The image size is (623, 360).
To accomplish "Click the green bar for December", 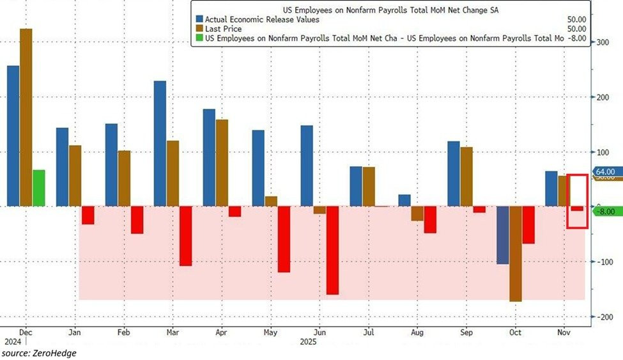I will (x=39, y=188).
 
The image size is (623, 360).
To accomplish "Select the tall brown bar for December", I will (x=26, y=118).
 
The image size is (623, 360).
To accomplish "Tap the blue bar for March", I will (x=160, y=144).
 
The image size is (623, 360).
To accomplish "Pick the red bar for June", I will (x=332, y=250).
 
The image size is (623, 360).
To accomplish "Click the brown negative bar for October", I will (x=515, y=254).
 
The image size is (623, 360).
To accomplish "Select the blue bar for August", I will (x=404, y=200).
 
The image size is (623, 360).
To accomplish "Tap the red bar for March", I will (x=185, y=236).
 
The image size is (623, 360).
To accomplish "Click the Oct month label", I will (x=516, y=333).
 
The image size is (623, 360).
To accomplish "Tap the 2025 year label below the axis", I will (x=309, y=342).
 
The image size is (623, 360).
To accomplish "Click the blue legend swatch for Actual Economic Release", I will (x=200, y=19).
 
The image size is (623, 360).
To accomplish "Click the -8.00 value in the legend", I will (x=578, y=38).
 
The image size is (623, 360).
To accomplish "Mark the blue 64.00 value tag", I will (x=604, y=172).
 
